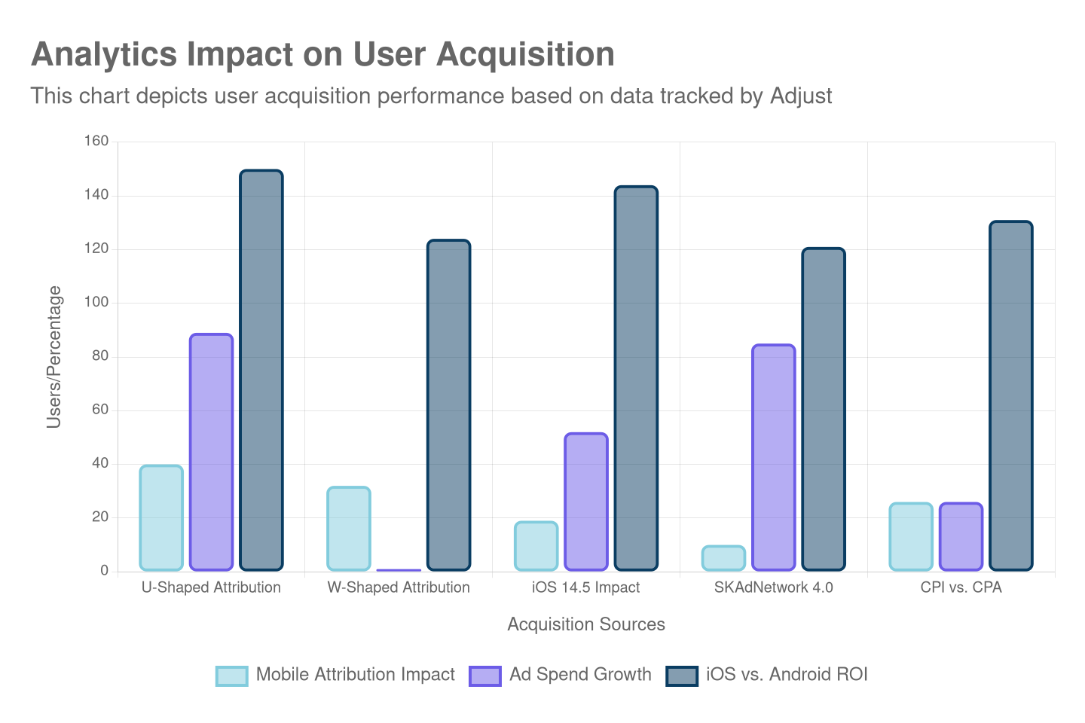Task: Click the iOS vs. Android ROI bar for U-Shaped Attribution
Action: click(x=261, y=369)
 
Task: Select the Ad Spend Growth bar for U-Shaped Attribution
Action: click(x=211, y=452)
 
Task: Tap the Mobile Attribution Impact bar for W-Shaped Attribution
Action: click(x=349, y=528)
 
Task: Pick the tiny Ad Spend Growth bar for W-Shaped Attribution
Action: click(x=399, y=569)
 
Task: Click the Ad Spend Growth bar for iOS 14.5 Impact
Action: click(x=586, y=501)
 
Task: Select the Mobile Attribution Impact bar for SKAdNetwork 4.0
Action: click(x=723, y=558)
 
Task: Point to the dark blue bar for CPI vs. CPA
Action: click(x=1011, y=395)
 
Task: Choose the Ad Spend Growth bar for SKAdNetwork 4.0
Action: click(x=774, y=457)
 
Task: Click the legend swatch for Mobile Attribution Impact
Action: click(x=231, y=676)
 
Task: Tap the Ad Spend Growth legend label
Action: click(x=580, y=674)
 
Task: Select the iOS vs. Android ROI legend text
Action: click(x=787, y=674)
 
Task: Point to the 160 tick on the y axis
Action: click(x=96, y=141)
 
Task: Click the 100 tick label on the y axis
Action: click(x=96, y=302)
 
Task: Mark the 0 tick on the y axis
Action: click(x=104, y=570)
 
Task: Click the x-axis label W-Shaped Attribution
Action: click(x=399, y=587)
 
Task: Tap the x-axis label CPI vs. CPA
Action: click(x=961, y=587)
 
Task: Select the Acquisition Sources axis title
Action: click(x=586, y=624)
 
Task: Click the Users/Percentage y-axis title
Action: click(x=53, y=356)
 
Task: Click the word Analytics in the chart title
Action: click(x=104, y=55)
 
